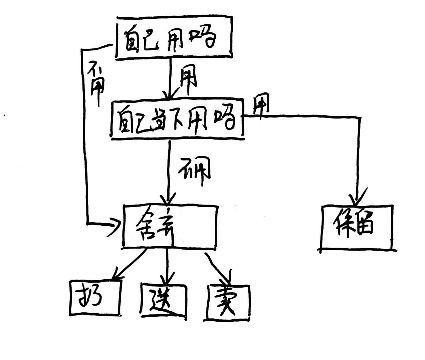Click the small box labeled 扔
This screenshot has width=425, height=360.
pos(94,298)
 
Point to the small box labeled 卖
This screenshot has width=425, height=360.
pos(228,302)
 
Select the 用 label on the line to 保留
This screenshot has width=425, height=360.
pos(260,106)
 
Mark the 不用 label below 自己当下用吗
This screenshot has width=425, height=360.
pos(195,170)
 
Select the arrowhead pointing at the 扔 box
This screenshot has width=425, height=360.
pos(116,274)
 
